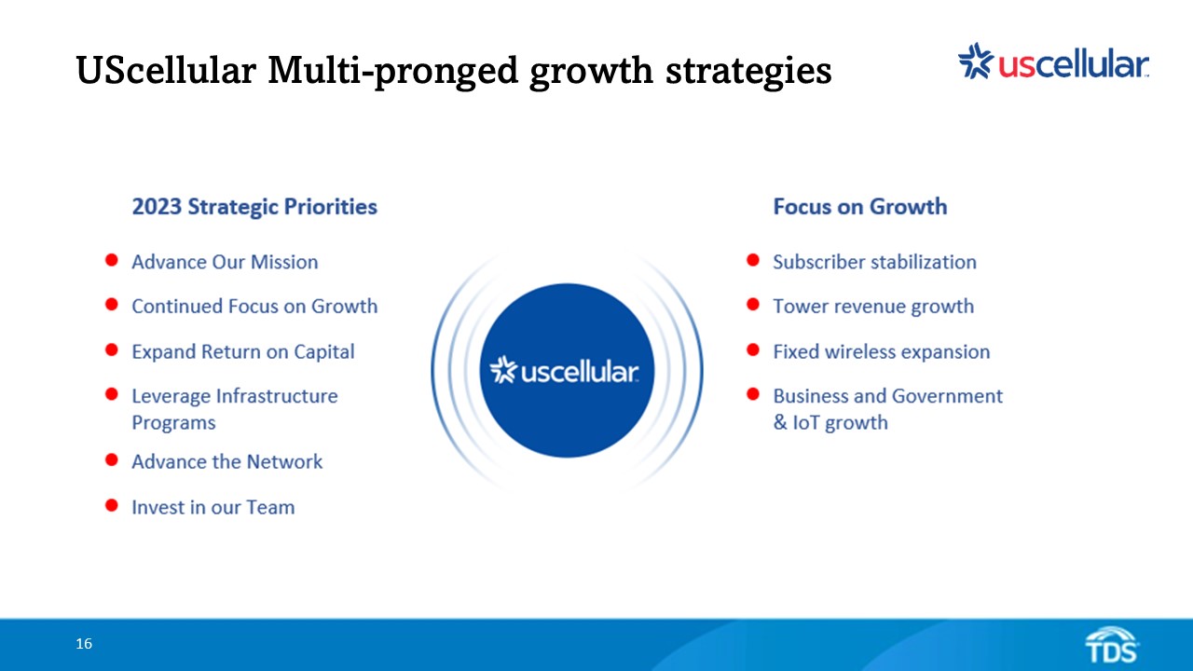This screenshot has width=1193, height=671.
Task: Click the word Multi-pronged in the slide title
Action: [x=392, y=71]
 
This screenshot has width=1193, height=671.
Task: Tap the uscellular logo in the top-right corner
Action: [x=1053, y=62]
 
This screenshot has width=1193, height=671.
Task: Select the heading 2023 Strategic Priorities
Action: [x=254, y=207]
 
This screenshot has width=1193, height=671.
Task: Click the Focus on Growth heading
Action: [x=860, y=207]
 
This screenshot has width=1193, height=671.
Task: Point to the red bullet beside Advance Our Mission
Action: [x=111, y=260]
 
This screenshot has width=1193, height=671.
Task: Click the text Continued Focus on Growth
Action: [x=254, y=307]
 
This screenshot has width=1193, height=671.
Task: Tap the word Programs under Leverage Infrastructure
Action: [x=173, y=423]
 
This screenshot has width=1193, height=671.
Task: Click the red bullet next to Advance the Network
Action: [x=111, y=459]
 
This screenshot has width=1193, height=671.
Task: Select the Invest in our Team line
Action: [x=213, y=508]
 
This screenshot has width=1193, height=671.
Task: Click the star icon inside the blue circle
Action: [x=503, y=370]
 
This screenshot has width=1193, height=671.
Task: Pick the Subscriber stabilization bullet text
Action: [x=874, y=262]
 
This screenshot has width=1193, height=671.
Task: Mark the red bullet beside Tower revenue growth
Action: [x=753, y=304]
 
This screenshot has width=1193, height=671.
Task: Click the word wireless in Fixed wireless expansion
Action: [x=855, y=351]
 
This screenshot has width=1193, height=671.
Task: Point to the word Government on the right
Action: [x=947, y=396]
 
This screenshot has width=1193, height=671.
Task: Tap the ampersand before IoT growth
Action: [x=780, y=423]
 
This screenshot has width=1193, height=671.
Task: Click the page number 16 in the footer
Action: [x=84, y=644]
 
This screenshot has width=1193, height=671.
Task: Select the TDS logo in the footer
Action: [x=1112, y=645]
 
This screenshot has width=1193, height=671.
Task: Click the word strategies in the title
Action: [x=748, y=72]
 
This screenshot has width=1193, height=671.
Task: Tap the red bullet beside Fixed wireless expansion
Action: [x=753, y=349]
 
